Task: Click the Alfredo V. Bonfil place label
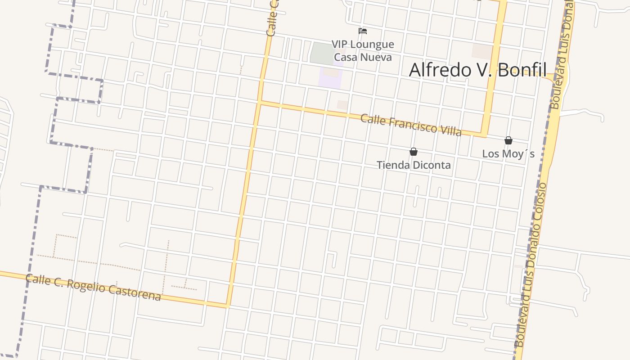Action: [x=477, y=70]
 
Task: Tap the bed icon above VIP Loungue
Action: [x=363, y=31]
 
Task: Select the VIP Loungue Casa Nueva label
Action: [x=363, y=50]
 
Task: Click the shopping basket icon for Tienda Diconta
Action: [x=413, y=152]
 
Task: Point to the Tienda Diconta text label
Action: [x=414, y=165]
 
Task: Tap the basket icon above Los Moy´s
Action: [x=508, y=140]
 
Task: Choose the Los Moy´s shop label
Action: [x=508, y=154]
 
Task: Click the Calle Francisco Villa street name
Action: [x=411, y=125]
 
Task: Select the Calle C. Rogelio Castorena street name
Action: [x=93, y=287]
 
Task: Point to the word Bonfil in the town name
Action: [x=518, y=70]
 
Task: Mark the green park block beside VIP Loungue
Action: [x=322, y=53]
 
